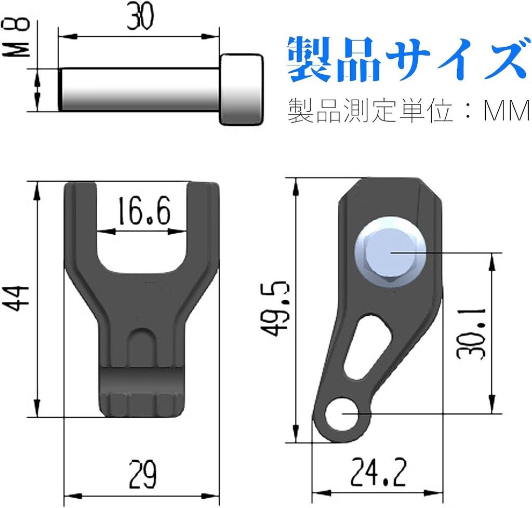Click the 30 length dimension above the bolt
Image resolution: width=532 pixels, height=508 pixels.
(x=140, y=16)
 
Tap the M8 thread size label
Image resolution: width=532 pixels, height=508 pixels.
(x=16, y=37)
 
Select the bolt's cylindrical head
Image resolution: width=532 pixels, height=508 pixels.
(x=242, y=89)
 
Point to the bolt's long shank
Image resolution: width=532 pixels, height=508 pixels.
(x=139, y=89)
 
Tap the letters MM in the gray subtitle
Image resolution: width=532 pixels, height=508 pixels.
(x=506, y=111)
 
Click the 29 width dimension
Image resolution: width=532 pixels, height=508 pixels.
(x=142, y=474)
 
